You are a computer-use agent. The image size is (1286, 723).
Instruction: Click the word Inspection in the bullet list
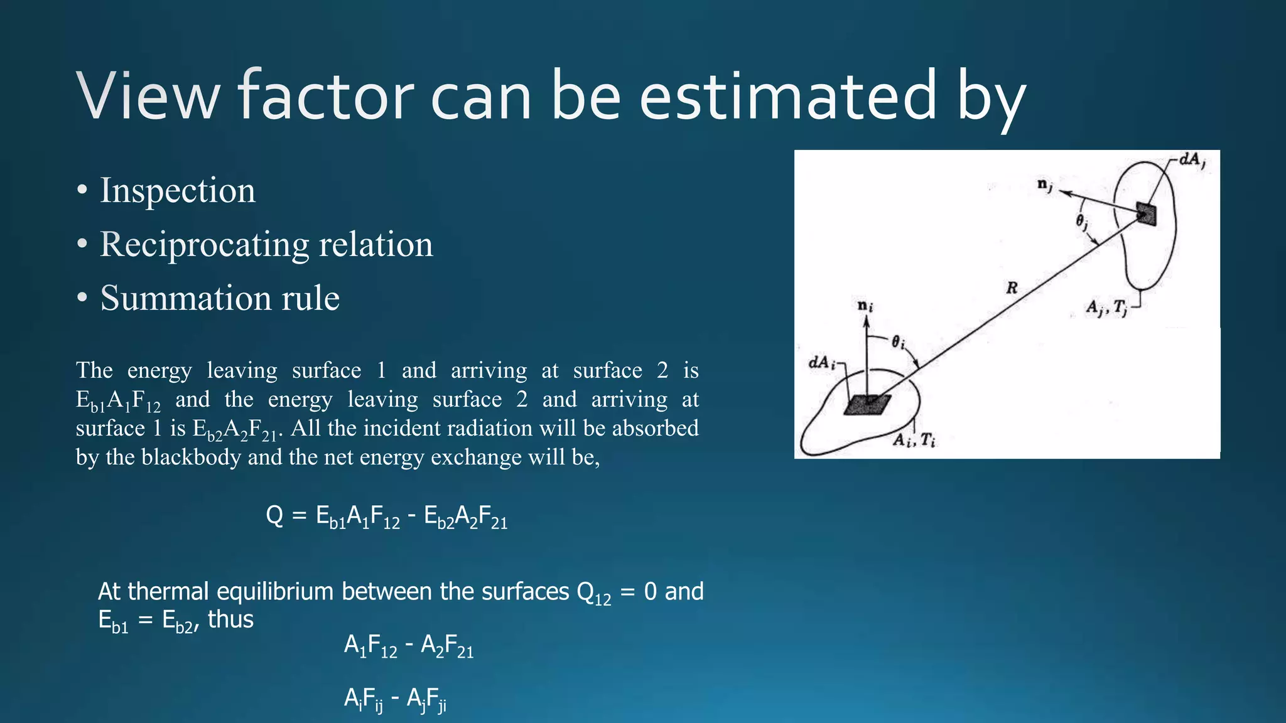[x=178, y=190]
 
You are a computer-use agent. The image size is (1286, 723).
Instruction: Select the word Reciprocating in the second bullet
[x=205, y=244]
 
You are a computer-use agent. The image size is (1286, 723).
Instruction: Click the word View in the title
[x=148, y=97]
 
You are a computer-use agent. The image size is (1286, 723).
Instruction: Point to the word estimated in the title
[x=787, y=97]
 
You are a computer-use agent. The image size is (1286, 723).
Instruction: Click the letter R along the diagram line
[x=1012, y=288]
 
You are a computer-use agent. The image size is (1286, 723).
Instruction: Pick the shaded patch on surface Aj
[x=1146, y=214]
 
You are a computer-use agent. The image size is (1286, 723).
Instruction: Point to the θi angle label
[x=899, y=343]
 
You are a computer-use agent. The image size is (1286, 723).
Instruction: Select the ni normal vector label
[x=865, y=306]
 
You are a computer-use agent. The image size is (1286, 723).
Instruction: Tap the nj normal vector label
[x=1045, y=185]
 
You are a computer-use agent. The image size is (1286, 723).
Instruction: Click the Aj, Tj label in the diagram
[x=1107, y=308]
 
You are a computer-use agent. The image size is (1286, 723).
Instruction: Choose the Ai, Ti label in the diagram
[x=914, y=441]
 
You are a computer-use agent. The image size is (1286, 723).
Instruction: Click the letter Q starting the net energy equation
[x=274, y=516]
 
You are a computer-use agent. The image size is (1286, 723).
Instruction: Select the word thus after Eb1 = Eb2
[x=230, y=619]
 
